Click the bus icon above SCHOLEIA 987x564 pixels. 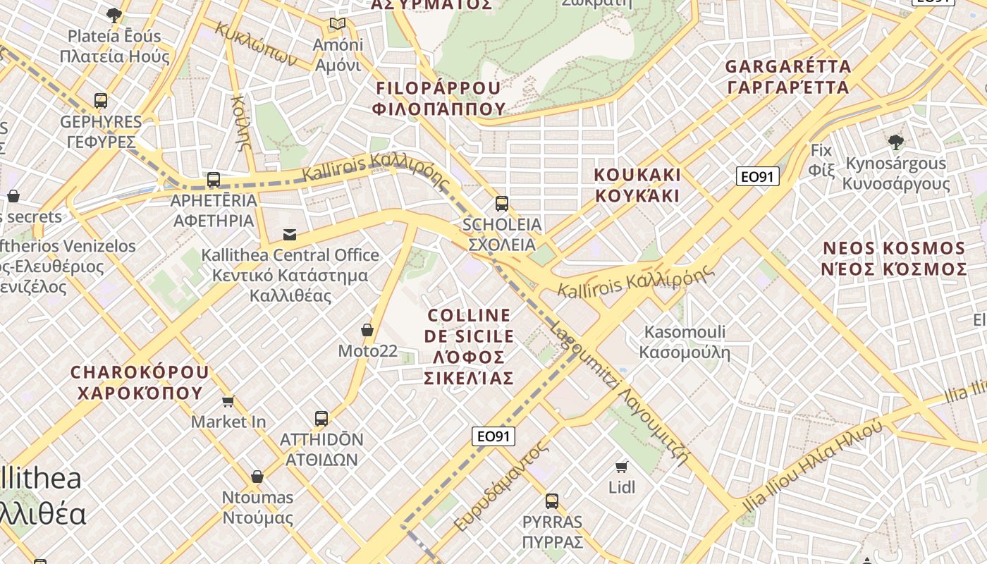[502, 204]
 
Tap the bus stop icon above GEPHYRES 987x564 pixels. [101, 101]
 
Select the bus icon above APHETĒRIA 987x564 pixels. [214, 180]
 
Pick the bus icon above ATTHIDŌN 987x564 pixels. [321, 419]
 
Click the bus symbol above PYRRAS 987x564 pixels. [552, 501]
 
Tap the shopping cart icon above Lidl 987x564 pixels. [622, 467]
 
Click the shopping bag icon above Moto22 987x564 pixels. [367, 330]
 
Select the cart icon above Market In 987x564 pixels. [228, 401]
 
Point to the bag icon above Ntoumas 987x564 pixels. [257, 477]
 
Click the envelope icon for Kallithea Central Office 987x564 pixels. [290, 235]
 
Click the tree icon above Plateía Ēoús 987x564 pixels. [114, 16]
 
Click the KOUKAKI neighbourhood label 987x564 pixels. [637, 185]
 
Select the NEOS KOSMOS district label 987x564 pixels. [895, 259]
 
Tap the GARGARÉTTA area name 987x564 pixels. [788, 77]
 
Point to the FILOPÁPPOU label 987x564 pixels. [439, 98]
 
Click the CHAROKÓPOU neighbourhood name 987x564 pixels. [140, 382]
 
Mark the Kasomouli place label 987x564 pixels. [685, 342]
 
